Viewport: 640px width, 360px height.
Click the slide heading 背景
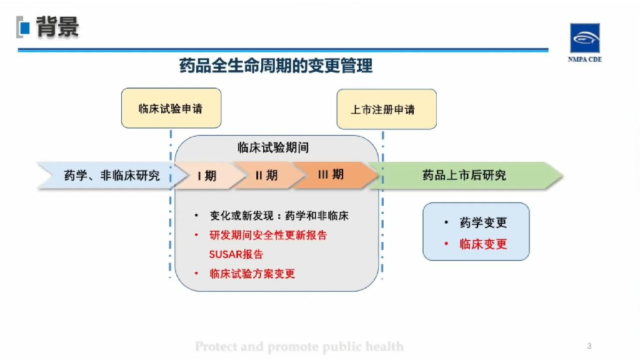click(57, 27)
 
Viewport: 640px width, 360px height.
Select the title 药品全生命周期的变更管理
click(276, 66)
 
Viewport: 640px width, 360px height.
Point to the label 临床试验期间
click(273, 148)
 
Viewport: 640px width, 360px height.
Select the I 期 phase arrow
click(207, 176)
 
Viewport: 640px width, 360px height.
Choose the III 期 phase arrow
click(331, 175)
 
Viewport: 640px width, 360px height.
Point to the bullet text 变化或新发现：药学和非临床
click(279, 216)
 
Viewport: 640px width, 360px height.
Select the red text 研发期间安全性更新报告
click(268, 236)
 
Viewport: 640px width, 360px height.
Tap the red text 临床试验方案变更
click(252, 274)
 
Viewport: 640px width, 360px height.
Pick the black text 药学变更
click(483, 222)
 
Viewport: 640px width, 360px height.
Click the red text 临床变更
click(483, 244)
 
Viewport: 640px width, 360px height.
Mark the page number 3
click(589, 346)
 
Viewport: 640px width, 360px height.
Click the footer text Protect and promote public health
click(299, 346)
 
